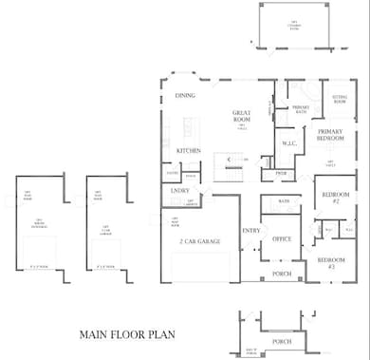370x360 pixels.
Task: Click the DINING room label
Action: click(185, 96)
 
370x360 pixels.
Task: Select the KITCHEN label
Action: click(189, 151)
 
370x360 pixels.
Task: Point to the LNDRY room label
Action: click(179, 191)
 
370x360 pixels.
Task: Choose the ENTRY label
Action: click(250, 231)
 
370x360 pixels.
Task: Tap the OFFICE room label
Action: click(282, 239)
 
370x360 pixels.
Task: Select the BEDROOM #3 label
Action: click(331, 263)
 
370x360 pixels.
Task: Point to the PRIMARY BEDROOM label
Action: click(330, 136)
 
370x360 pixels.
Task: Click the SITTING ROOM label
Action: click(339, 98)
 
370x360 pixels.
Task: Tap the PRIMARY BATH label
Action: click(301, 109)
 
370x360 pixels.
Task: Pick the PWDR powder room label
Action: click(282, 173)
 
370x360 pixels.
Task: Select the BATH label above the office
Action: click(284, 201)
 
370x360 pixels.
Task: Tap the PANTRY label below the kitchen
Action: click(173, 174)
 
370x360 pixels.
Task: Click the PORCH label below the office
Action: click(281, 274)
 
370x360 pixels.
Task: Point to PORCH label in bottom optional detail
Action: click(281, 341)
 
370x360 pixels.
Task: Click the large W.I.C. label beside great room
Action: click(288, 144)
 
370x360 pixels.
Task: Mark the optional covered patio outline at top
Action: click(295, 28)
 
